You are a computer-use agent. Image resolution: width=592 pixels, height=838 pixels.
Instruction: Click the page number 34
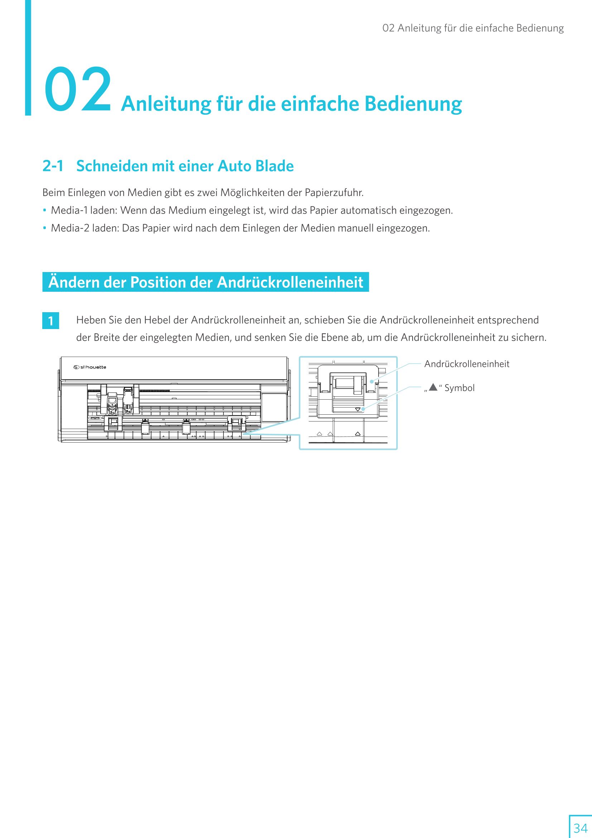(x=580, y=827)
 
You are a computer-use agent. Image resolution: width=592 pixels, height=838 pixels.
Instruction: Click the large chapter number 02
(x=78, y=89)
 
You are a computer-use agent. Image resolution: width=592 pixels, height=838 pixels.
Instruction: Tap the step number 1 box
(x=51, y=321)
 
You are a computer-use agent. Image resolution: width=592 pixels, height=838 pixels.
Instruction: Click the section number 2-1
(x=53, y=166)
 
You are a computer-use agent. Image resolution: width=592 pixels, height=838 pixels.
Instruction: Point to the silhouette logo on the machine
(x=90, y=367)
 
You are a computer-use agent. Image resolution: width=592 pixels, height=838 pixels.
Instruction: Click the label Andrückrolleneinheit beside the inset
(x=467, y=364)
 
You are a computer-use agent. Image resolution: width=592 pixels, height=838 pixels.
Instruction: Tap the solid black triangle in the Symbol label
(x=433, y=387)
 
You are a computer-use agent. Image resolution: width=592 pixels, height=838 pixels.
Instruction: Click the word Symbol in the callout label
(x=459, y=388)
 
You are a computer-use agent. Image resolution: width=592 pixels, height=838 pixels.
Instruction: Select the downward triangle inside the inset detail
(x=358, y=410)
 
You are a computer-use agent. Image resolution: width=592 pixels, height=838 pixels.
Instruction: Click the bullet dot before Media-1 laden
(x=44, y=210)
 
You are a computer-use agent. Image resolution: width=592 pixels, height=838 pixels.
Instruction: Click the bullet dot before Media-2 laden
(x=44, y=228)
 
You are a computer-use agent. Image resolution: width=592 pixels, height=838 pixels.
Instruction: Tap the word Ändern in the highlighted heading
(x=74, y=282)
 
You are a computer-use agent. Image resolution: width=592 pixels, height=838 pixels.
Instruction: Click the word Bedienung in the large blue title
(x=413, y=104)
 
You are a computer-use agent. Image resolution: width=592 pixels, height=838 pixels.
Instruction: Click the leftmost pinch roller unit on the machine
(x=113, y=423)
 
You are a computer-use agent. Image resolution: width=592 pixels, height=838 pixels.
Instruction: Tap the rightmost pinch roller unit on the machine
(x=236, y=423)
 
